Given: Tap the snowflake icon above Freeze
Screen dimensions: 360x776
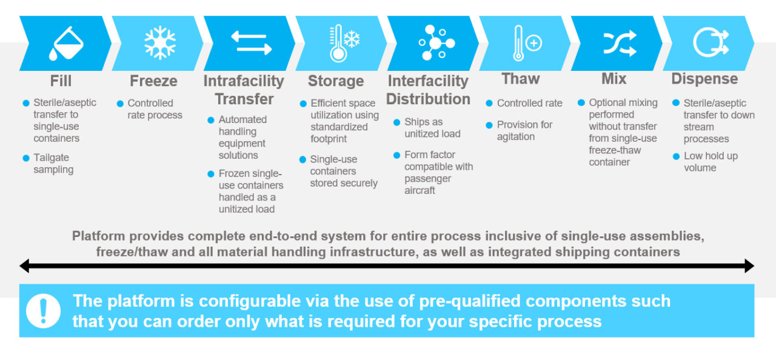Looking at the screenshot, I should tap(159, 43).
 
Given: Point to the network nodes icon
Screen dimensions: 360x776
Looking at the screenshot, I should tap(436, 43).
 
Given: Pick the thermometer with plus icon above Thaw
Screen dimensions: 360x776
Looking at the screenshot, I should tap(526, 43).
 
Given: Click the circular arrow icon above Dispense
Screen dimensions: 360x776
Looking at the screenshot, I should tap(710, 43).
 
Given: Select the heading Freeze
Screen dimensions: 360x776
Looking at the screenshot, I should tap(153, 81).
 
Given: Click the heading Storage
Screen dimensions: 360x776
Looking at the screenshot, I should tap(336, 81).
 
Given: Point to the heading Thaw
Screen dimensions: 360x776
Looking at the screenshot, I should tap(521, 79).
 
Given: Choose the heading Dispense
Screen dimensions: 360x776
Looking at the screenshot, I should tap(704, 79).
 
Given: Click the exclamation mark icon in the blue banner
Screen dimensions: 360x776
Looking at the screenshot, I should tap(43, 310).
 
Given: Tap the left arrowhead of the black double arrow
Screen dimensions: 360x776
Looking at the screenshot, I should tap(25, 266).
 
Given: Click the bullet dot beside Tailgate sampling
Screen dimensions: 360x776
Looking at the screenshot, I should tap(26, 158).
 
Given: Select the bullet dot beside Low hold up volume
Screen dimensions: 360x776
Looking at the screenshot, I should tap(676, 156).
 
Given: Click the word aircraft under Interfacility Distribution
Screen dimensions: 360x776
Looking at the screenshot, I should tap(420, 190).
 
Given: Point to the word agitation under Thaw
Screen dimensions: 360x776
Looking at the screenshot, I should tap(515, 136).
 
